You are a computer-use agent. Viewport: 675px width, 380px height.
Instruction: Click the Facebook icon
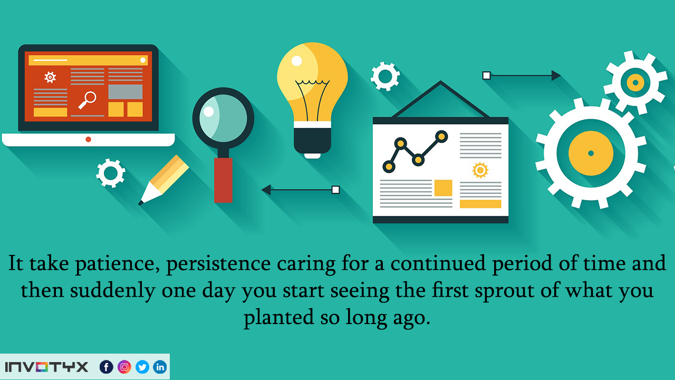107,367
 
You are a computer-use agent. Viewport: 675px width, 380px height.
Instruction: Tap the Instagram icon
124,367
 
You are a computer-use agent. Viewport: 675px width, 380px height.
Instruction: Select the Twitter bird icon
142,367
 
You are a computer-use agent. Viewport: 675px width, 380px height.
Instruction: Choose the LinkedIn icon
160,367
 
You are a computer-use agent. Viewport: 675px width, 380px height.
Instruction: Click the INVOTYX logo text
46,367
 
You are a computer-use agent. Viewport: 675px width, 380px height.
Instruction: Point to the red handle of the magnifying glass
223,180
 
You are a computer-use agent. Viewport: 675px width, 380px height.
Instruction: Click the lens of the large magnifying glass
223,118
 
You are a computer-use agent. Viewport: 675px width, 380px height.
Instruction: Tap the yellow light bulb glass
312,81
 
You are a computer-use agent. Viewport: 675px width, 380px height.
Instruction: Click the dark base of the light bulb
312,140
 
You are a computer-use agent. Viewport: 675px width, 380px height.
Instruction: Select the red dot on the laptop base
88,139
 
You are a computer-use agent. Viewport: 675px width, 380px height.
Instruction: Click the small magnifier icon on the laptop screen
88,100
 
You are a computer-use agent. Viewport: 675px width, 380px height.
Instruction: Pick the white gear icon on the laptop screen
50,77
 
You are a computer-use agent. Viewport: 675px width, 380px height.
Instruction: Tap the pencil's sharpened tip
140,203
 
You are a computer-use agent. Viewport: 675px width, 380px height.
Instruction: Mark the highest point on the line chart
441,137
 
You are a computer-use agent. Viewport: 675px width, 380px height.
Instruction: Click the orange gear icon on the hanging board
480,170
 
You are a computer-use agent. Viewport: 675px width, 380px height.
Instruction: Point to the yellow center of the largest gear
591,153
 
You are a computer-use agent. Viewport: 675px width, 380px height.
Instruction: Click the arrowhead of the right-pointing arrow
556,75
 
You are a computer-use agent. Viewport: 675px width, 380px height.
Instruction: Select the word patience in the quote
118,264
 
